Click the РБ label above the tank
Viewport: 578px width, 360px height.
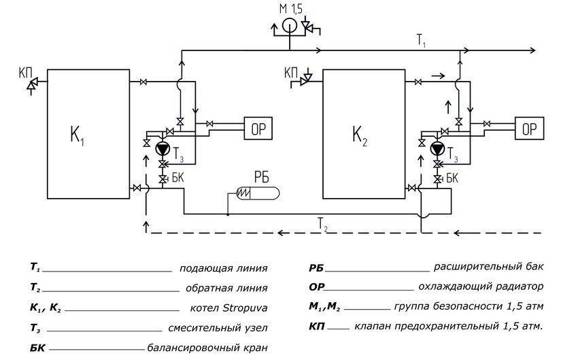point(260,176)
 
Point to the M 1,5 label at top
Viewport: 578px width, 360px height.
point(290,8)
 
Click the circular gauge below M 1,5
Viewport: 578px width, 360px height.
point(288,27)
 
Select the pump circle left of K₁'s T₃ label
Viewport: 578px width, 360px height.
point(162,148)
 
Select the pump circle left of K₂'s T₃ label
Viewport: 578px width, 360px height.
point(437,148)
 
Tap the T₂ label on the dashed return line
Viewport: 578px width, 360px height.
point(322,223)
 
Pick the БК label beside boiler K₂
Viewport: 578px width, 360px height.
point(452,178)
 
